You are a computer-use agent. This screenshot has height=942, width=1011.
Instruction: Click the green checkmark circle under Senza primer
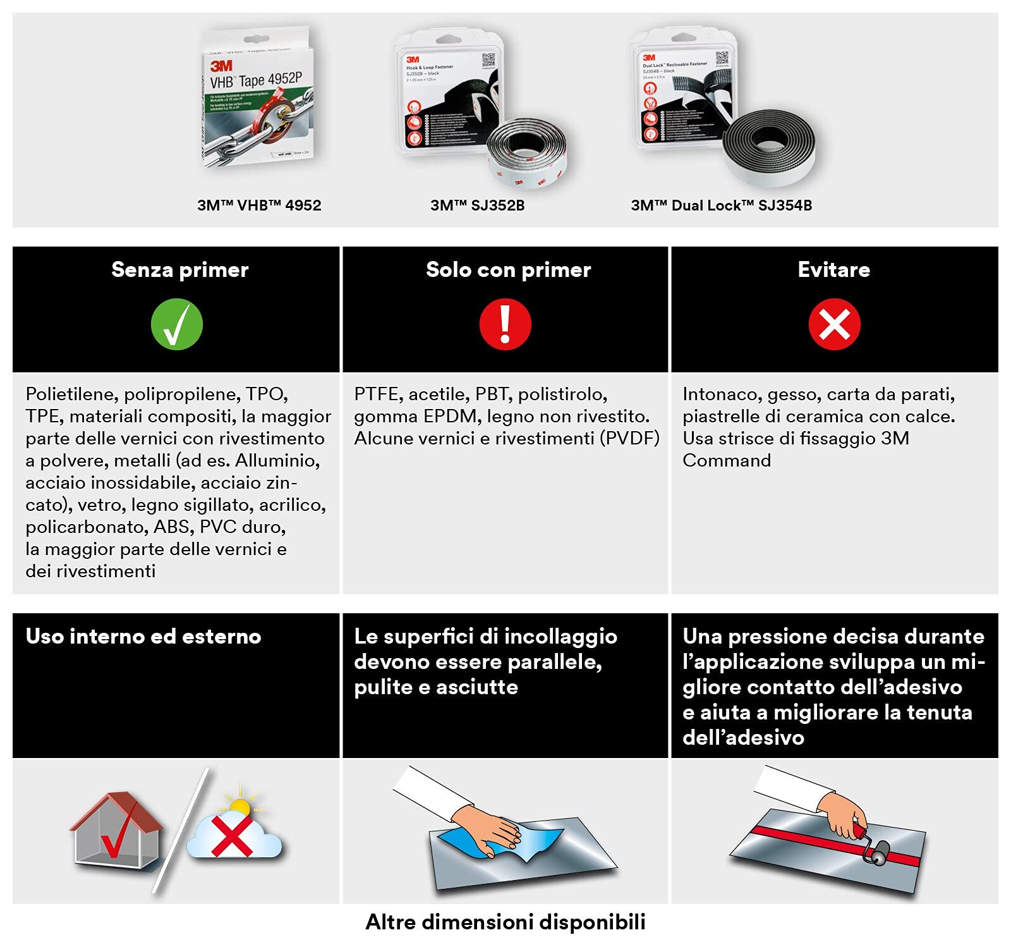coord(177,324)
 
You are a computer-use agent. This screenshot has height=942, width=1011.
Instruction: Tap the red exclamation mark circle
coord(505,324)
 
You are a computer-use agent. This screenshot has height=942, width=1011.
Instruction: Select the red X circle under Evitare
coord(834,324)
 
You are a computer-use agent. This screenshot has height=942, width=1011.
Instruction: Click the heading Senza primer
coord(180,270)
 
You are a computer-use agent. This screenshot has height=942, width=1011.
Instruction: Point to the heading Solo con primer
coord(508,270)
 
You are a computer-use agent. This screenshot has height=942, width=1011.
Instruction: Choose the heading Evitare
coord(833,270)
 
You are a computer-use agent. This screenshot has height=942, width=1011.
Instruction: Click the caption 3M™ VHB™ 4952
coord(259,205)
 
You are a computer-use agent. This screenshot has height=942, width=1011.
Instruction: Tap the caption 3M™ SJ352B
coord(477,205)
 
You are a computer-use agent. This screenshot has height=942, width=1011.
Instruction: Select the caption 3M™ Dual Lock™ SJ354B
coord(721,205)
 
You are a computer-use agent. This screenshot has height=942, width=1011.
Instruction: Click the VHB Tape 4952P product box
coord(258,98)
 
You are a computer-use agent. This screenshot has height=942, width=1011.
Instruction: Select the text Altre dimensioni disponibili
coord(505,922)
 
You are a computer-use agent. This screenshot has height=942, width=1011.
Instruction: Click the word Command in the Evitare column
coord(727,461)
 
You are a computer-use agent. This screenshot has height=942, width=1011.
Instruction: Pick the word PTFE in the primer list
coord(377,395)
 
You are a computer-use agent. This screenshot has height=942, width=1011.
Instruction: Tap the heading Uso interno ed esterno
coord(143,637)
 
